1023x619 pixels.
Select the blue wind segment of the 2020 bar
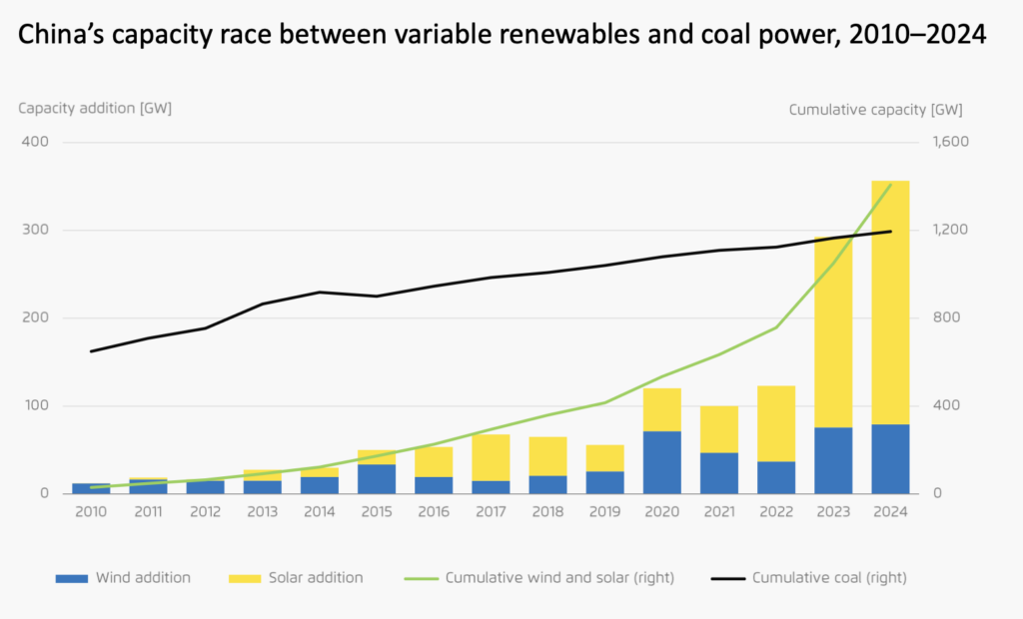(662, 462)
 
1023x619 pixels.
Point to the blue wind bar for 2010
(91, 488)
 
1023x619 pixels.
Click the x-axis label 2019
(605, 511)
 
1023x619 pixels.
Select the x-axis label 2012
(206, 511)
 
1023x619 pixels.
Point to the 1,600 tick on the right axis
(949, 142)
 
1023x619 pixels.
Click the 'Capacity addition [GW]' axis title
(95, 108)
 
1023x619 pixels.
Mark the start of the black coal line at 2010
(91, 351)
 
